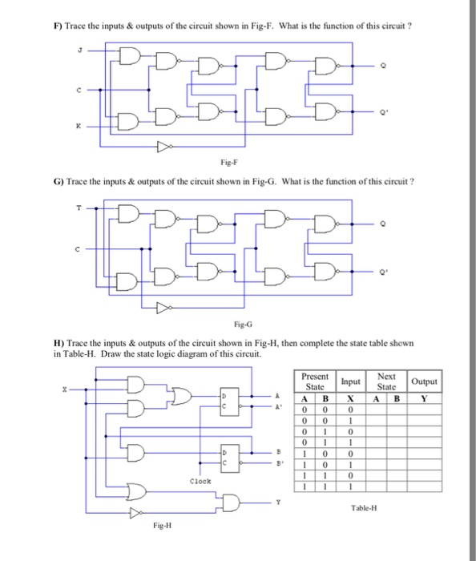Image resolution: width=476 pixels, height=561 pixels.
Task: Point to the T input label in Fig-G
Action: coord(79,206)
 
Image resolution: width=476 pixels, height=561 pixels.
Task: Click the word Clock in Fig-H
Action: coord(200,481)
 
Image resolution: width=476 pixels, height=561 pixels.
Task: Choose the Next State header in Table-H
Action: coord(386,381)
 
